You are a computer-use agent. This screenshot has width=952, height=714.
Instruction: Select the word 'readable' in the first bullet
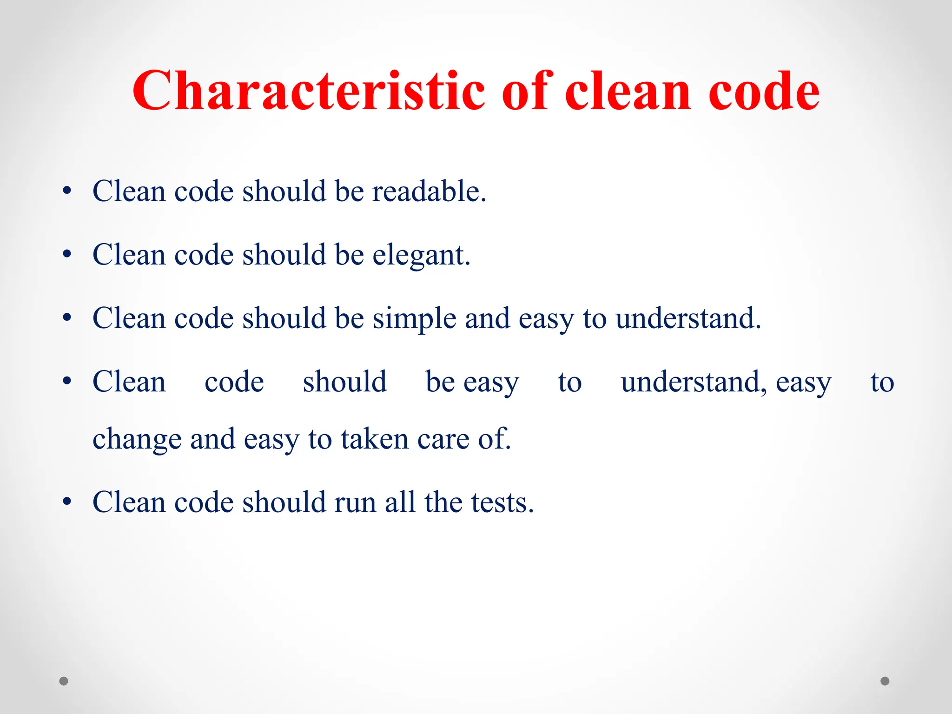coord(429,191)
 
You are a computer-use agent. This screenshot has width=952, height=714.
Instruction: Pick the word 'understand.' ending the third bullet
coord(688,318)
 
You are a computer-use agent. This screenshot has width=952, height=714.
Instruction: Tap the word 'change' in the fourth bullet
coord(137,439)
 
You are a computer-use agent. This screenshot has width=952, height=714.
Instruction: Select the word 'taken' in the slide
coord(375,439)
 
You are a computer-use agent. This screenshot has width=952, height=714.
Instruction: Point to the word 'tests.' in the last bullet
coord(502,502)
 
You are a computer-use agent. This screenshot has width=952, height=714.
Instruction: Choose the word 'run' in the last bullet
coord(355,503)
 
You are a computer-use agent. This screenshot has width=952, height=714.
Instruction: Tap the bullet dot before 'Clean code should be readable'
coord(67,191)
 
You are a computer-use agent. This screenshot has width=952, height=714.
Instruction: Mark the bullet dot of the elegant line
coord(67,255)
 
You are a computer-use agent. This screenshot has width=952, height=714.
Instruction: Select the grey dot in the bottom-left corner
coord(64,681)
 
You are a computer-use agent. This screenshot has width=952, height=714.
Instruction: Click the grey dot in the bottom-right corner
coord(885,681)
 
